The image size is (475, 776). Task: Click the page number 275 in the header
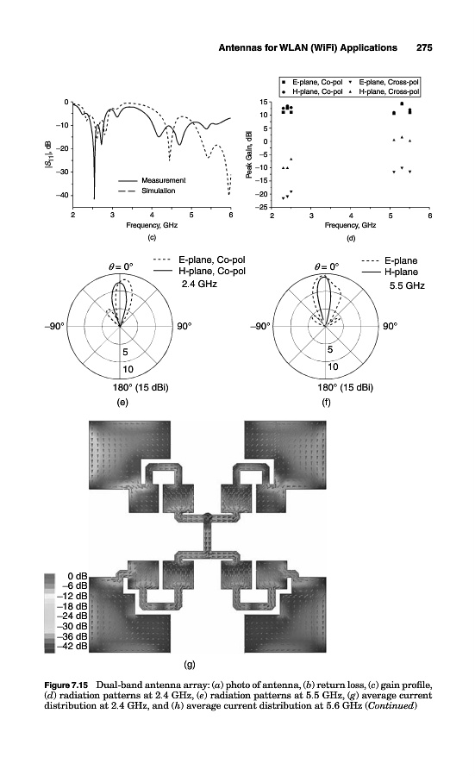(424, 47)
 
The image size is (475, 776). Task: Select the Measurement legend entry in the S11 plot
(152, 180)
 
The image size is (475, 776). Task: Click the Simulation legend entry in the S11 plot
(147, 191)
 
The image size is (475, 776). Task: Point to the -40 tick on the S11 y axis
(63, 195)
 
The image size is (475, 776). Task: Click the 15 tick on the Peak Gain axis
(264, 102)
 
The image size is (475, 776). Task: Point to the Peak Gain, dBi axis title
(249, 154)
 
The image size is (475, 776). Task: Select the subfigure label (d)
(351, 238)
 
